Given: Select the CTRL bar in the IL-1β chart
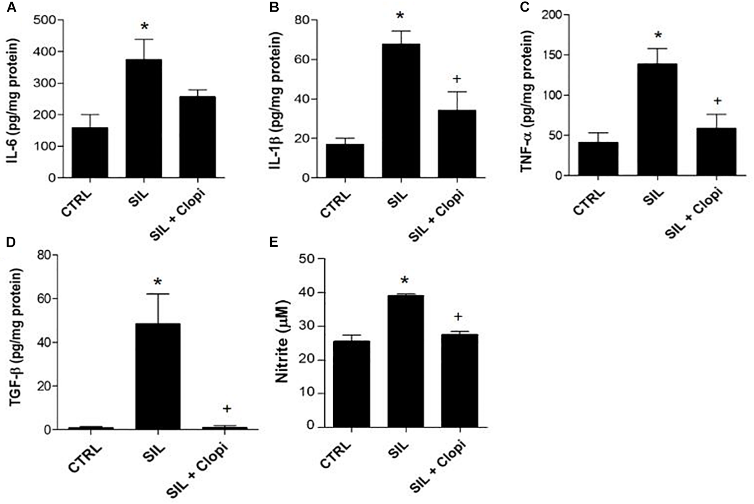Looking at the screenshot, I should pyautogui.click(x=345, y=161).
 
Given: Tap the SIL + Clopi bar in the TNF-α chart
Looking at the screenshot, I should pyautogui.click(x=716, y=152).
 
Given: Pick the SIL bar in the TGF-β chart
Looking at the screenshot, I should pyautogui.click(x=158, y=376).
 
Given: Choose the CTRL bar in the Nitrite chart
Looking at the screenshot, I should pyautogui.click(x=351, y=384).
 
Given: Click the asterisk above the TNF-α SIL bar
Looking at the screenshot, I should pyautogui.click(x=658, y=35).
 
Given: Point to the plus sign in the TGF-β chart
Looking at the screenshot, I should pyautogui.click(x=227, y=409).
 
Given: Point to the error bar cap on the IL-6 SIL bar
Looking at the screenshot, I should pyautogui.click(x=144, y=39).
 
